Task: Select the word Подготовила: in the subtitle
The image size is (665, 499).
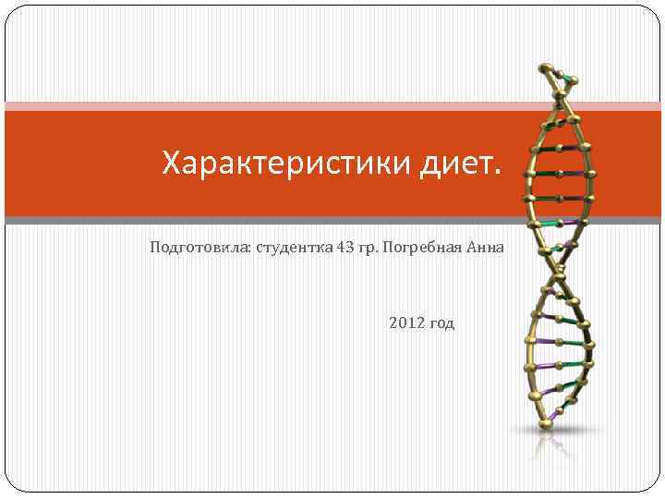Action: (188, 248)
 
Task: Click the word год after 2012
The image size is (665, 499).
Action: (441, 324)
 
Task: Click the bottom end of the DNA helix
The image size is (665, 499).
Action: (546, 424)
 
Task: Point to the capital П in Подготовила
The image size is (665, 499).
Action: (153, 248)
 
